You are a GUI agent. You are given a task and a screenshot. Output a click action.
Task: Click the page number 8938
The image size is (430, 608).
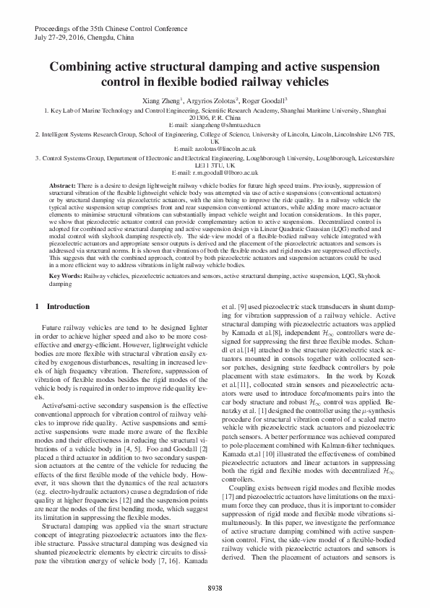click(x=215, y=589)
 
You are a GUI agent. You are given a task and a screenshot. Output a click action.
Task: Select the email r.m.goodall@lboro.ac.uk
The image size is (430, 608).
click(x=215, y=173)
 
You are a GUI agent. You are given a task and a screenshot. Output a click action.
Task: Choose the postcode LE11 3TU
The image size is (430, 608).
click(x=215, y=165)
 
